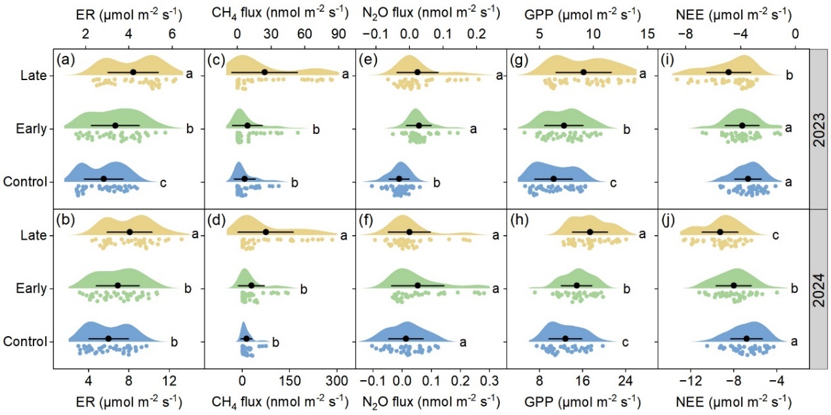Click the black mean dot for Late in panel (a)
tap(133, 72)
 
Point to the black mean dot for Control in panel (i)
tap(748, 179)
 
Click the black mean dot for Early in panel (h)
tap(577, 285)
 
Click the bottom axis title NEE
tap(733, 401)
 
